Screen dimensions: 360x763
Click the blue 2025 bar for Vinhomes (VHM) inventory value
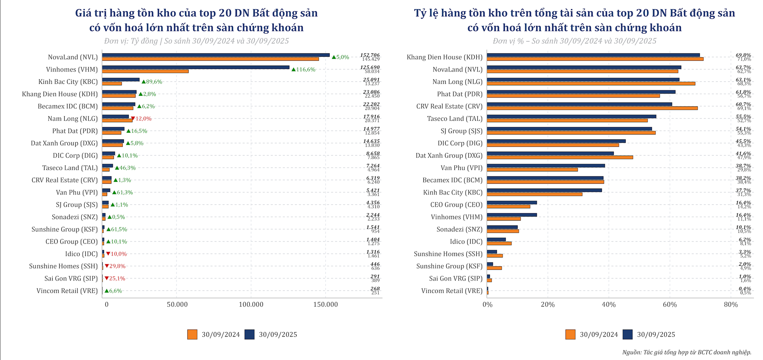coord(196,68)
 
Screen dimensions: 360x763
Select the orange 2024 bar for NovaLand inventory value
coord(210,59)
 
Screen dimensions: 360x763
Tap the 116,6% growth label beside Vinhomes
coord(306,70)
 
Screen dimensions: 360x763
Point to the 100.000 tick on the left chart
coord(251,305)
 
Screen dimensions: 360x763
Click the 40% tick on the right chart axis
coord(609,305)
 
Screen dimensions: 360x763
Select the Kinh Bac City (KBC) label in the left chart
coord(68,82)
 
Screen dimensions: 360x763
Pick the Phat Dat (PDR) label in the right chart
coord(459,94)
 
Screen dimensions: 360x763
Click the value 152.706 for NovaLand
coord(370,55)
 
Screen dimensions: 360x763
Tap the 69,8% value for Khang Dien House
coord(743,55)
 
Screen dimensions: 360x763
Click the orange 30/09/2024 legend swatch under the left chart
coord(192,335)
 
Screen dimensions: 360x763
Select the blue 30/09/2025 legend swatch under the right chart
coord(627,335)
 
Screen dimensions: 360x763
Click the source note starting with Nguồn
coord(687,352)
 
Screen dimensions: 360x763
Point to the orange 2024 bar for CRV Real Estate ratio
coord(592,108)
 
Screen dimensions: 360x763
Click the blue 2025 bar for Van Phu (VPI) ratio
coord(546,166)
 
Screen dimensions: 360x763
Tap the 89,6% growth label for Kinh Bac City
coord(154,82)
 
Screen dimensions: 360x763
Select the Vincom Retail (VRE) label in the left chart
coord(67,291)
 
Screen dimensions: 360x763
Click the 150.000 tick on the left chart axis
coord(325,305)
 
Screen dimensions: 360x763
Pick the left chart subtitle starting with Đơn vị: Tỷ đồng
coord(196,41)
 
